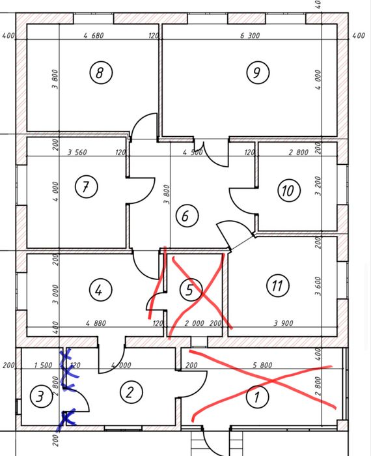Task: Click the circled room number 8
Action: tap(101, 72)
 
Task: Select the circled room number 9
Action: tap(258, 72)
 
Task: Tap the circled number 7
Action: tap(86, 187)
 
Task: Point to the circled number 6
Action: tap(187, 216)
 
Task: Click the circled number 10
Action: tap(289, 190)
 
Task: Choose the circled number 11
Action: tap(278, 285)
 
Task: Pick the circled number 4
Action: tap(100, 290)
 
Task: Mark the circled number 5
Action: tap(191, 290)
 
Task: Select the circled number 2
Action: tap(131, 392)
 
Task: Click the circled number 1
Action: tap(257, 397)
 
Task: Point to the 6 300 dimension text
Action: tap(250, 36)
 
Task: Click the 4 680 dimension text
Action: tap(93, 36)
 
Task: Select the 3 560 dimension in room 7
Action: tap(77, 152)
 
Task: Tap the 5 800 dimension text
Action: tap(262, 365)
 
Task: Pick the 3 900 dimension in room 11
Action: tap(283, 323)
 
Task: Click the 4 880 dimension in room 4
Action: tap(96, 323)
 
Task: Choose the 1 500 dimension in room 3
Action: tap(43, 365)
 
